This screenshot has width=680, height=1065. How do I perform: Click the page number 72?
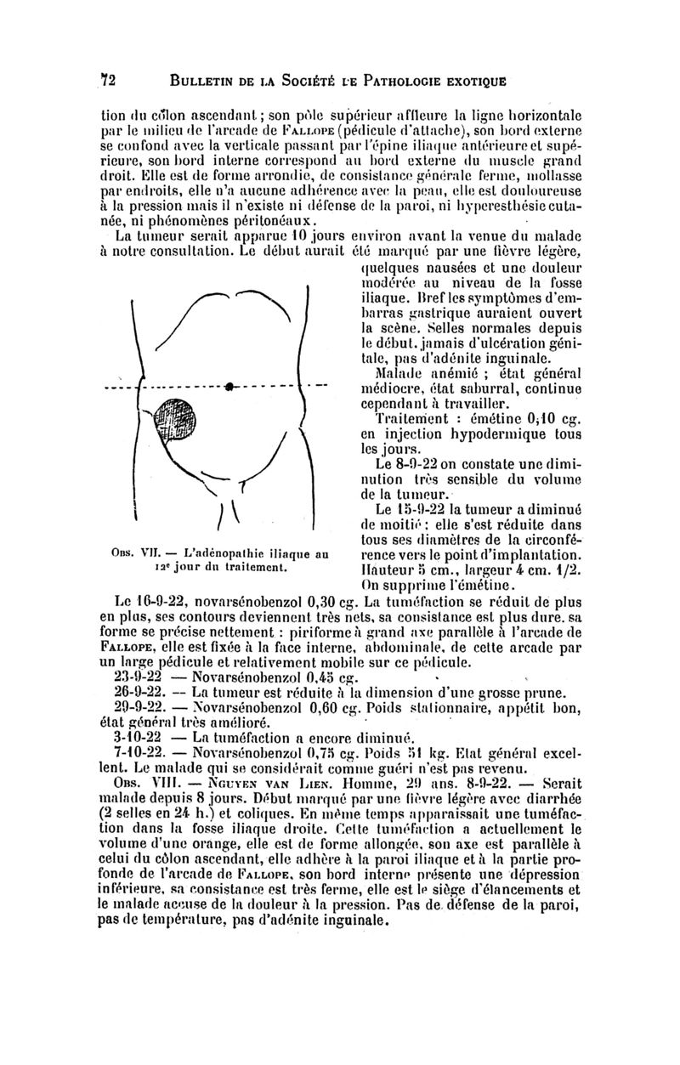[108, 81]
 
